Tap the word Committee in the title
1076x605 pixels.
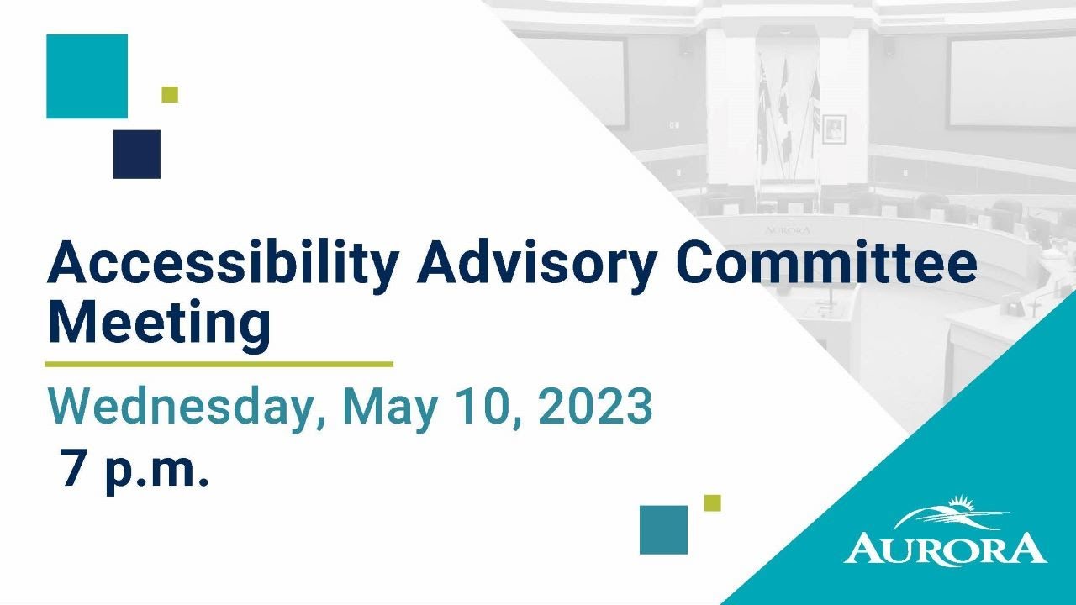[x=827, y=263]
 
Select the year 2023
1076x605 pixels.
[x=595, y=407]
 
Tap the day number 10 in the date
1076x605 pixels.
[x=487, y=407]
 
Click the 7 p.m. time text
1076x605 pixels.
[x=134, y=470]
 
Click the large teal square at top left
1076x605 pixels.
[x=87, y=76]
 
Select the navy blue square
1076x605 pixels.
[x=137, y=154]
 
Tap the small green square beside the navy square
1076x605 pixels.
[x=170, y=94]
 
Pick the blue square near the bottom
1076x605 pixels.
[x=663, y=529]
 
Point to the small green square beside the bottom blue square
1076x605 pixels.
[x=712, y=502]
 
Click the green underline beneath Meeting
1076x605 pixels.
[x=219, y=365]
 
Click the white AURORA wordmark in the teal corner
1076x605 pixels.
[x=946, y=549]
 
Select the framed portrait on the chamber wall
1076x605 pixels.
[x=833, y=129]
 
